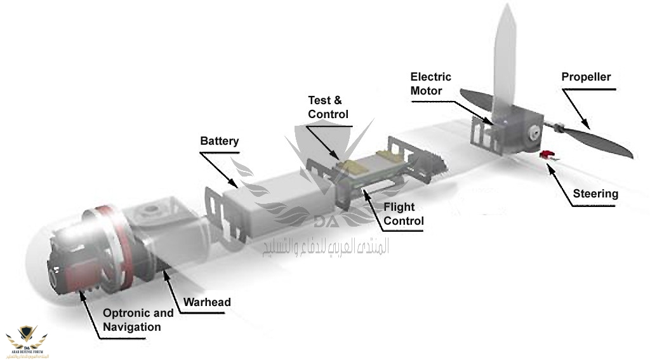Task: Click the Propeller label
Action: pos(585,77)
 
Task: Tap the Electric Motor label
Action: pos(430,83)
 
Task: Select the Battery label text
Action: pos(219,140)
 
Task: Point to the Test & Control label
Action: pos(328,107)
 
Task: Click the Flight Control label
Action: pos(403,214)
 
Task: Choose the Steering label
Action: pos(595,194)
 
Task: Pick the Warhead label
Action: pos(207,302)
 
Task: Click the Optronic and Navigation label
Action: pos(138,320)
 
